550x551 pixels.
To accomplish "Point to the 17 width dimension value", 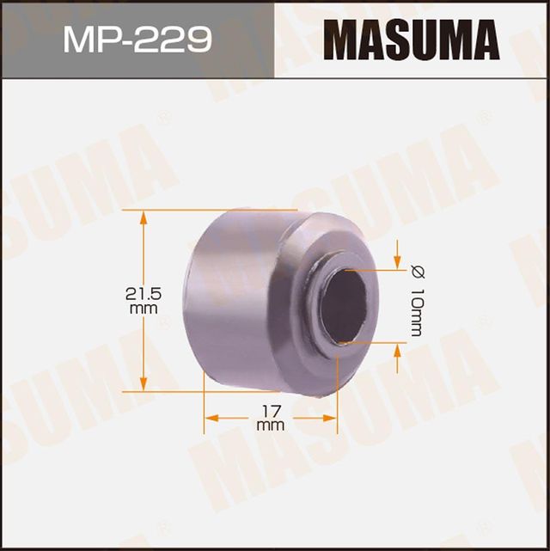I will click(270, 409).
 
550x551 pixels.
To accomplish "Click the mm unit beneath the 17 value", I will click(270, 424).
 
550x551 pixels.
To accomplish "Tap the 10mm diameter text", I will click(416, 314).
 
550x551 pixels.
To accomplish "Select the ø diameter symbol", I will click(416, 273).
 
